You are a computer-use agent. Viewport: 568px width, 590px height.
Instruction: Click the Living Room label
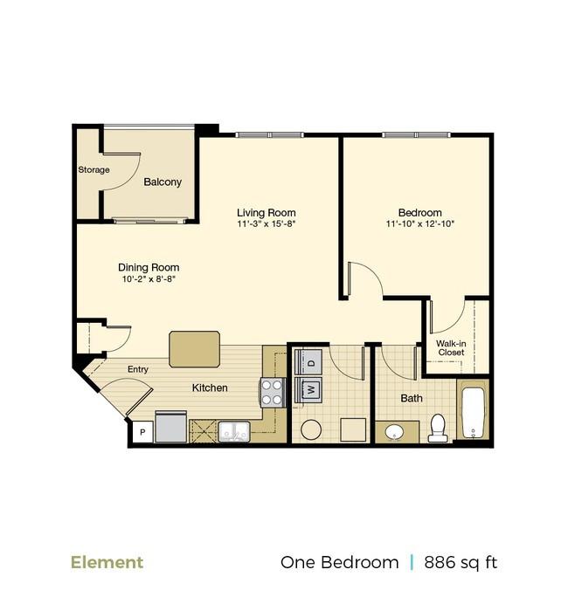(x=267, y=212)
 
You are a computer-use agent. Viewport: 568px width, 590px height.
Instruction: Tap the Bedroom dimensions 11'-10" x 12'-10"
(x=419, y=224)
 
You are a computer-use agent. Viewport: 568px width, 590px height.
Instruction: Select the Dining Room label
(x=149, y=268)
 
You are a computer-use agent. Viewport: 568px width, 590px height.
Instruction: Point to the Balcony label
(x=163, y=182)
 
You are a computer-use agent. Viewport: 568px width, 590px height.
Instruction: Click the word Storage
(x=94, y=169)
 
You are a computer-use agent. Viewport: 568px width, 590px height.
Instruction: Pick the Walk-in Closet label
(x=451, y=347)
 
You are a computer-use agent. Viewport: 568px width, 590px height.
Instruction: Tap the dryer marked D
(x=310, y=361)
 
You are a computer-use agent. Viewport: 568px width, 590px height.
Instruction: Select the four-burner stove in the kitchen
(x=273, y=393)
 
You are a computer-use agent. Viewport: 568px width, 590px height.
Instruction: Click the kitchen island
(x=194, y=349)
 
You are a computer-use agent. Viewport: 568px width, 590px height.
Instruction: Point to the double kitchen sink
(x=234, y=431)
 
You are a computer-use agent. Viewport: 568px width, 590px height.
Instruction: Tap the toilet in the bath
(x=437, y=428)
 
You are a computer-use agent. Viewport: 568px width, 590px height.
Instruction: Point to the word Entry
(x=138, y=369)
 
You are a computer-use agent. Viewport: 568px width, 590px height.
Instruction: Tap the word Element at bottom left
(x=107, y=562)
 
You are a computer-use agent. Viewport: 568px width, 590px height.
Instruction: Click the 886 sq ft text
(x=461, y=562)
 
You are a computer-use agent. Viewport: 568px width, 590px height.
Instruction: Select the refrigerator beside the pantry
(x=171, y=429)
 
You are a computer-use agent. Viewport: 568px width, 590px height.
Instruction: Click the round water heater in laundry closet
(x=311, y=429)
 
